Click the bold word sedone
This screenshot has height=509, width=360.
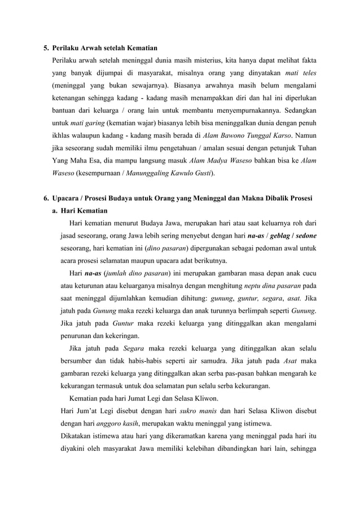point(304,236)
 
